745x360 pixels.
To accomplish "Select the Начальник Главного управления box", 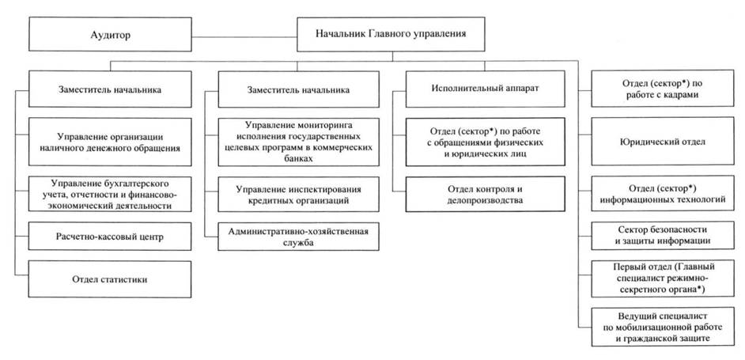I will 390,35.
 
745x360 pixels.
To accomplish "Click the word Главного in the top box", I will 388,35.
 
